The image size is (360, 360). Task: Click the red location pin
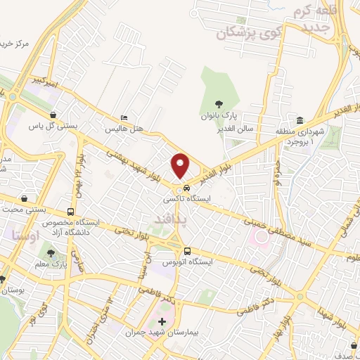click(181, 165)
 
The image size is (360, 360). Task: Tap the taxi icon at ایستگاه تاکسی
click(186, 188)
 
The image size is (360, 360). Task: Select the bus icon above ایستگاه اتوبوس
click(187, 251)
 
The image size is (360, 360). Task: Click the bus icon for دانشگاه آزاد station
click(70, 212)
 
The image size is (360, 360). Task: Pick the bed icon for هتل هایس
click(124, 117)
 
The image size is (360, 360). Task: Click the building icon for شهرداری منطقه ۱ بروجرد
click(300, 120)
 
